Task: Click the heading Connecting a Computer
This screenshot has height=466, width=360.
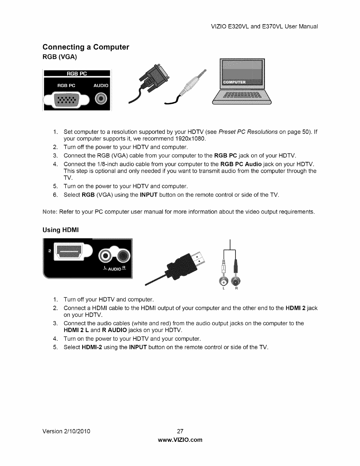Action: tap(86, 47)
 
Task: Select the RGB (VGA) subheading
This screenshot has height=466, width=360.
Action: tap(59, 57)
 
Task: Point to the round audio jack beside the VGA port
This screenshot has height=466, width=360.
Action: tap(101, 99)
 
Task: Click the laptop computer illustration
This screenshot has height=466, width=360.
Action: tap(242, 83)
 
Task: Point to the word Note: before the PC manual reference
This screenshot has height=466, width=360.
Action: tap(50, 212)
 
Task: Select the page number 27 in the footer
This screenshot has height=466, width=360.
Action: tap(180, 431)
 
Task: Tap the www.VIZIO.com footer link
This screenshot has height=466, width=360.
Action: tap(180, 440)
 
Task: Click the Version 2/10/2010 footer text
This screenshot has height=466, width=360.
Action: tap(66, 431)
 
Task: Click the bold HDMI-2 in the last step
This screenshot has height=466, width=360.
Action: tap(92, 347)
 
